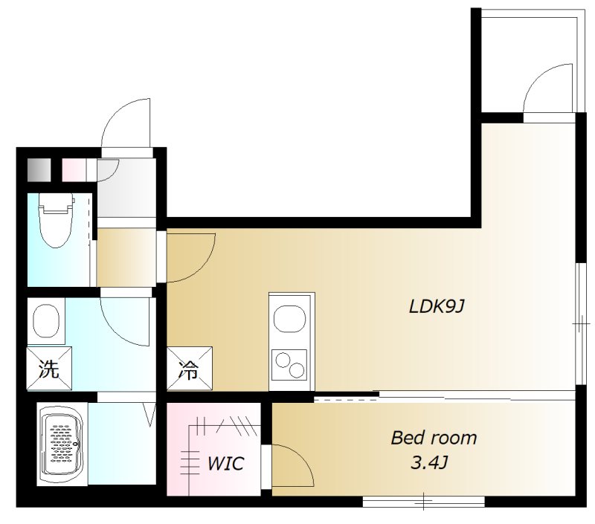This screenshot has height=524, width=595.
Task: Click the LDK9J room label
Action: coord(437,306)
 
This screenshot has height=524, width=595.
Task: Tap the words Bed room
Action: coord(434,438)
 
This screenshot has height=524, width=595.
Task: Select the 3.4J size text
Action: coord(430,463)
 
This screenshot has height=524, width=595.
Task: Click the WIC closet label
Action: coord(225,463)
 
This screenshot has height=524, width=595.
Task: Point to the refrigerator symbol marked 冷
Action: coord(190,368)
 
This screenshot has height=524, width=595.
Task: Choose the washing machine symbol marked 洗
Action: coord(49,368)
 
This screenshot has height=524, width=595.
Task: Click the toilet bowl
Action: coord(55,220)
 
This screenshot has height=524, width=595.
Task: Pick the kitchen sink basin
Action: coord(290,319)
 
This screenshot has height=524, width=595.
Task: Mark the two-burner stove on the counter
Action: coord(290,365)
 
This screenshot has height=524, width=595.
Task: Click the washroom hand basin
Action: coord(46,320)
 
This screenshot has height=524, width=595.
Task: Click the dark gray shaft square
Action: coord(39,169)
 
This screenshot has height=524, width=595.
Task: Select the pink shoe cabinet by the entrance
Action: coord(74,169)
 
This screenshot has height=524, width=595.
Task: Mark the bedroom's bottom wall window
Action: coord(423,502)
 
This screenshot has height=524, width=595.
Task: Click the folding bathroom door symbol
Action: coord(150,414)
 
